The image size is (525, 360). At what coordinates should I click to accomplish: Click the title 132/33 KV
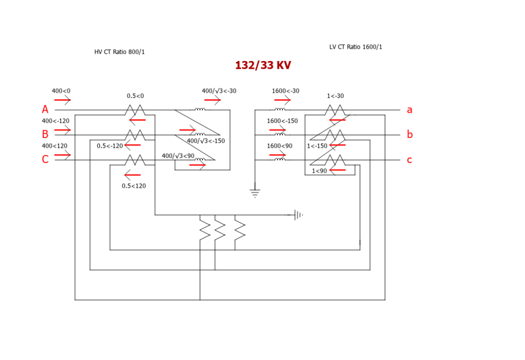(263, 66)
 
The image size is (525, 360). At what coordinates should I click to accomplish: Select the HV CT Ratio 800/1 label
(119, 52)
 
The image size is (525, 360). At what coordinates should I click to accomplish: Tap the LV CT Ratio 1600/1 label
(355, 47)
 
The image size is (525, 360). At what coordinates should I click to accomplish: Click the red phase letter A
(45, 110)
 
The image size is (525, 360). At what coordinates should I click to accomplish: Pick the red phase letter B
(45, 134)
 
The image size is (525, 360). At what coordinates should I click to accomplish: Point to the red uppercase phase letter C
(45, 159)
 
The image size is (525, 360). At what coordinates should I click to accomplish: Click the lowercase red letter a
(409, 110)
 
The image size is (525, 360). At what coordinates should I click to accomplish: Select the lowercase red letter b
(409, 134)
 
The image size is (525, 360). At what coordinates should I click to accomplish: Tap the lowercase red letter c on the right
(409, 160)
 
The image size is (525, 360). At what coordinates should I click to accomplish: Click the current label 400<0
(61, 91)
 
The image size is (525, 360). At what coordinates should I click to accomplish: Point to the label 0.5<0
(135, 96)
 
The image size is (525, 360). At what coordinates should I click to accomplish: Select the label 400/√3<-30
(219, 91)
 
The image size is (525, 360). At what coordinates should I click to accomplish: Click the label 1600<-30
(286, 91)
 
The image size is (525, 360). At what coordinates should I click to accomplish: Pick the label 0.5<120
(134, 186)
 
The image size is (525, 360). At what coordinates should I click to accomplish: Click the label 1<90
(319, 171)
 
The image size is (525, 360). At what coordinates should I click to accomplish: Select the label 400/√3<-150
(206, 141)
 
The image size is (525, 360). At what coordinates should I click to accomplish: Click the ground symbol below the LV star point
(255, 193)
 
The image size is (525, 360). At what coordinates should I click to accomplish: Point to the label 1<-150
(317, 146)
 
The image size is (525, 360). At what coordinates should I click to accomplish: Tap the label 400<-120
(55, 121)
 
